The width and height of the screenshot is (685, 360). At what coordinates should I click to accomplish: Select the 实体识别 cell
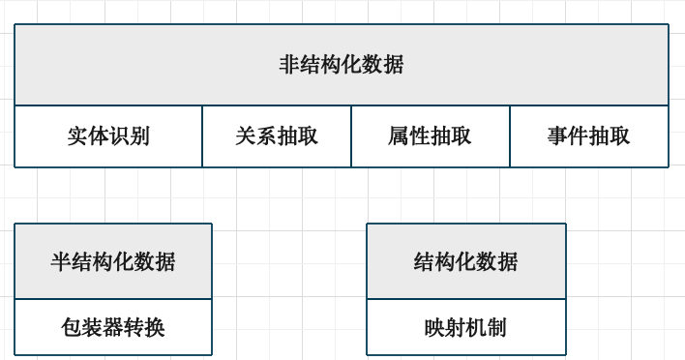108,136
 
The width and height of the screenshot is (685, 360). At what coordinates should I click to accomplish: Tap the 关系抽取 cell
276,136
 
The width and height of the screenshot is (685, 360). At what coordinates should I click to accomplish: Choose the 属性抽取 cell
430,136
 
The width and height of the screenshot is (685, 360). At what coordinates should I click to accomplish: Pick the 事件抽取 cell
588,136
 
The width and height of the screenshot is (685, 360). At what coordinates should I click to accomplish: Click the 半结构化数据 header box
113,261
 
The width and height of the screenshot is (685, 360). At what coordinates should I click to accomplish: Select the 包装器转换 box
113,328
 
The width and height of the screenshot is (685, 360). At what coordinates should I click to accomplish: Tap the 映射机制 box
465,328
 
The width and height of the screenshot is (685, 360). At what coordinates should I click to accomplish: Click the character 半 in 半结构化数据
61,261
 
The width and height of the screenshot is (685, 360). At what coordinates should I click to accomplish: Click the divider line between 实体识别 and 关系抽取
202,136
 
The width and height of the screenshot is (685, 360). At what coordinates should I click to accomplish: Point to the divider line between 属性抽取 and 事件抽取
510,136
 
